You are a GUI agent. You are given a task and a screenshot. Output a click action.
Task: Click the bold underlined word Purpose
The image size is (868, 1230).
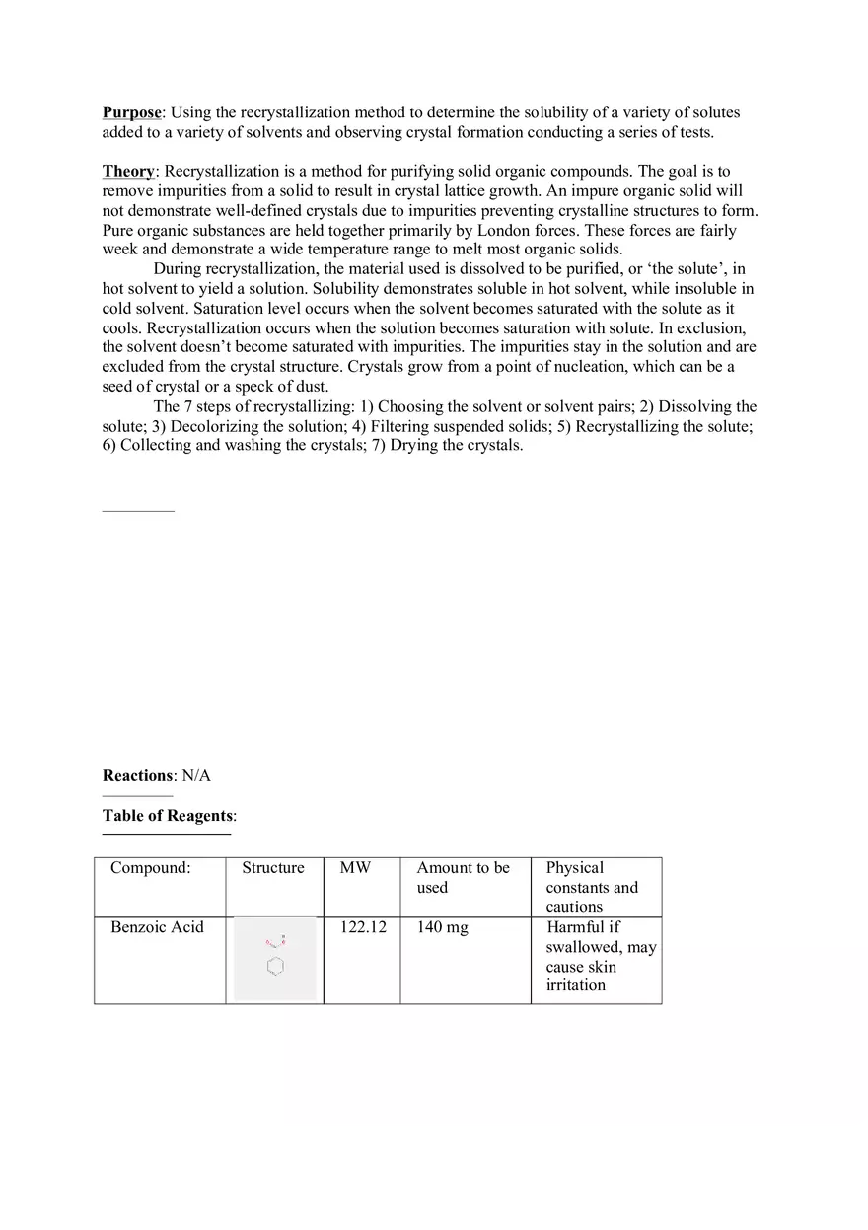131,112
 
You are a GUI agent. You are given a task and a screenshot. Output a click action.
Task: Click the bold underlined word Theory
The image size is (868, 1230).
128,172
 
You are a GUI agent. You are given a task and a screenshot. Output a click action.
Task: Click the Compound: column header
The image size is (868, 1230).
151,868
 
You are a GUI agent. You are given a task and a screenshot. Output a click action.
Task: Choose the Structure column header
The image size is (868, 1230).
273,868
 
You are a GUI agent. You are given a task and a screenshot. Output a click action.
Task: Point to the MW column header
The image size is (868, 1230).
355,868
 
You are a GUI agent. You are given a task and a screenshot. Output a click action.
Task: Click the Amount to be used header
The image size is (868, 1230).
463,877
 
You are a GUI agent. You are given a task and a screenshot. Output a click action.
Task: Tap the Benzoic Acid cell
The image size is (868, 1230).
158,927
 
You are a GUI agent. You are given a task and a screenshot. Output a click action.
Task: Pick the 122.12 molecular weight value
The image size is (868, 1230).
363,927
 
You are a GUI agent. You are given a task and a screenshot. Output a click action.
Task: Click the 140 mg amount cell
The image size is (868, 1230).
443,927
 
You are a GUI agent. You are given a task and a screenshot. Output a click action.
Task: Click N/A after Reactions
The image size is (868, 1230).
197,775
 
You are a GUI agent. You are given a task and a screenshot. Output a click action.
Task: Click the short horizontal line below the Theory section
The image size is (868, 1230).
138,511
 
